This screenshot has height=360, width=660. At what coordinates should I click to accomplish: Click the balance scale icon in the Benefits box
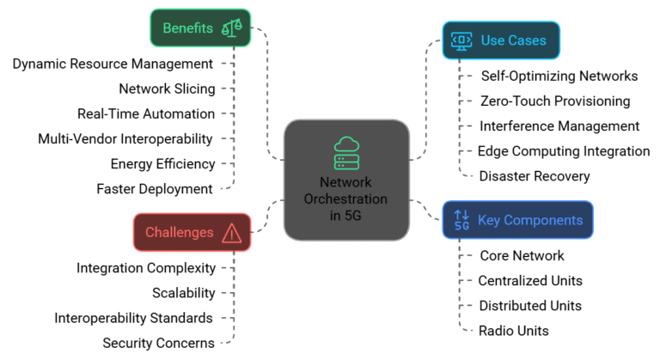(232, 28)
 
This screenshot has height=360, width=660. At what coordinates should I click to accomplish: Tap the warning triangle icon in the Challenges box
(230, 233)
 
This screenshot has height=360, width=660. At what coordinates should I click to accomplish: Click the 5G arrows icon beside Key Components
(461, 221)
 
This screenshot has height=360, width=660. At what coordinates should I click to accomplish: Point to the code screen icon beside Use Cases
(461, 40)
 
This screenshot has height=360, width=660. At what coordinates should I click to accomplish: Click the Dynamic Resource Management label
(113, 64)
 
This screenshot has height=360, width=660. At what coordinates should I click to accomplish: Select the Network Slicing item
(166, 88)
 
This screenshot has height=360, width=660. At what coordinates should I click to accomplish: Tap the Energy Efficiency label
(162, 163)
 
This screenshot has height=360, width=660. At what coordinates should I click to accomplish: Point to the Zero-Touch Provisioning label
(555, 101)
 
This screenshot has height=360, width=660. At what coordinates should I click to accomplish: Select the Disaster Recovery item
(535, 176)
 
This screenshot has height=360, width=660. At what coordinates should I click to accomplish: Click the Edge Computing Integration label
(564, 151)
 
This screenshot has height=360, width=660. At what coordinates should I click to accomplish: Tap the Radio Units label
(514, 331)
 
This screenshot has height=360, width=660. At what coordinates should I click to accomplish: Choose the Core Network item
(522, 256)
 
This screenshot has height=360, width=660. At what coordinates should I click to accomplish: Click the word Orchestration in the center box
(346, 198)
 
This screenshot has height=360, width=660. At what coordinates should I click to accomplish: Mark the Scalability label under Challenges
(183, 293)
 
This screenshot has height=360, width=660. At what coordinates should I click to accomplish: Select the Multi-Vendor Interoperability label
(125, 138)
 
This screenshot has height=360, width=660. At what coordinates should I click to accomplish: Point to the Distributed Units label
(530, 306)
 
